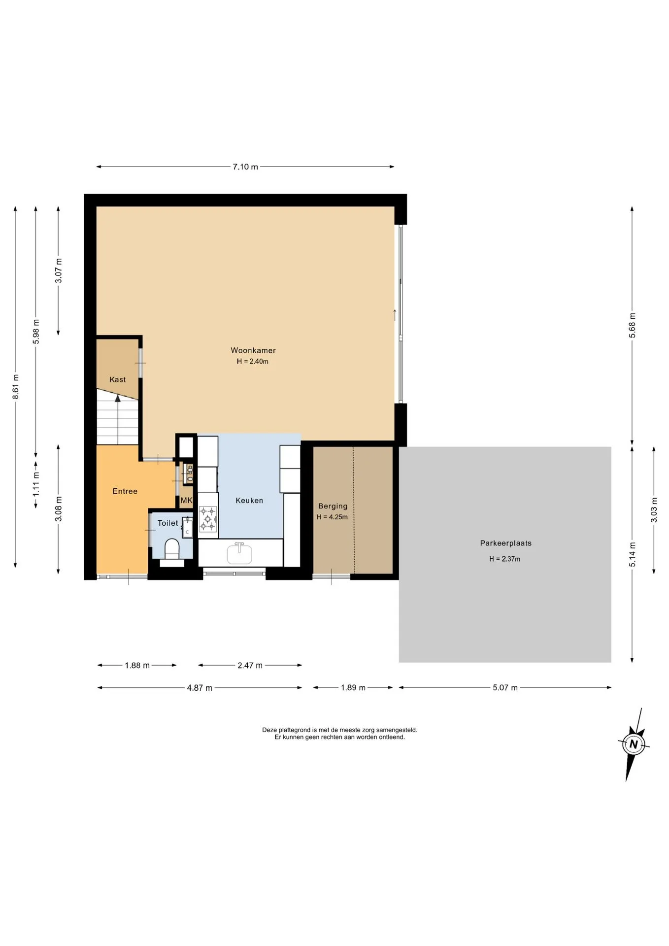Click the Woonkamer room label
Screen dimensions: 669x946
coord(253,350)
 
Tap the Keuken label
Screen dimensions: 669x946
coord(249,501)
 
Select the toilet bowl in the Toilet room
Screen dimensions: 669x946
coord(172,549)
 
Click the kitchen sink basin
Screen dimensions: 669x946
coord(239,553)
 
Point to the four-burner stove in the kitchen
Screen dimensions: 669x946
coord(208,519)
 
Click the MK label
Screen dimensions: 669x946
coord(186,501)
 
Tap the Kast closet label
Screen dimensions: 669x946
coord(118,379)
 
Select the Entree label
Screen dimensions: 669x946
coord(125,491)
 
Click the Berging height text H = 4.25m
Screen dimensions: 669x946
coord(332,517)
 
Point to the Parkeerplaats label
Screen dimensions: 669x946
coord(506,543)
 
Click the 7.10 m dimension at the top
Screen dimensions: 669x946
coord(245,167)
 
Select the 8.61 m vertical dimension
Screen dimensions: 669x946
coord(16,387)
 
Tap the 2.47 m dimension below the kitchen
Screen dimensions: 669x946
coord(250,666)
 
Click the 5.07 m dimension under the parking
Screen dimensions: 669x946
coord(505,688)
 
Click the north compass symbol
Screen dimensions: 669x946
coord(634,744)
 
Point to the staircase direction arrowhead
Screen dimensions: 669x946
coord(118,398)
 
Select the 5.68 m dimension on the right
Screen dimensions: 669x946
coord(633,325)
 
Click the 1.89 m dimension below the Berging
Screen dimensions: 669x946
coord(353,688)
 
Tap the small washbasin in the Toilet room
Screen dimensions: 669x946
coord(187,527)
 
